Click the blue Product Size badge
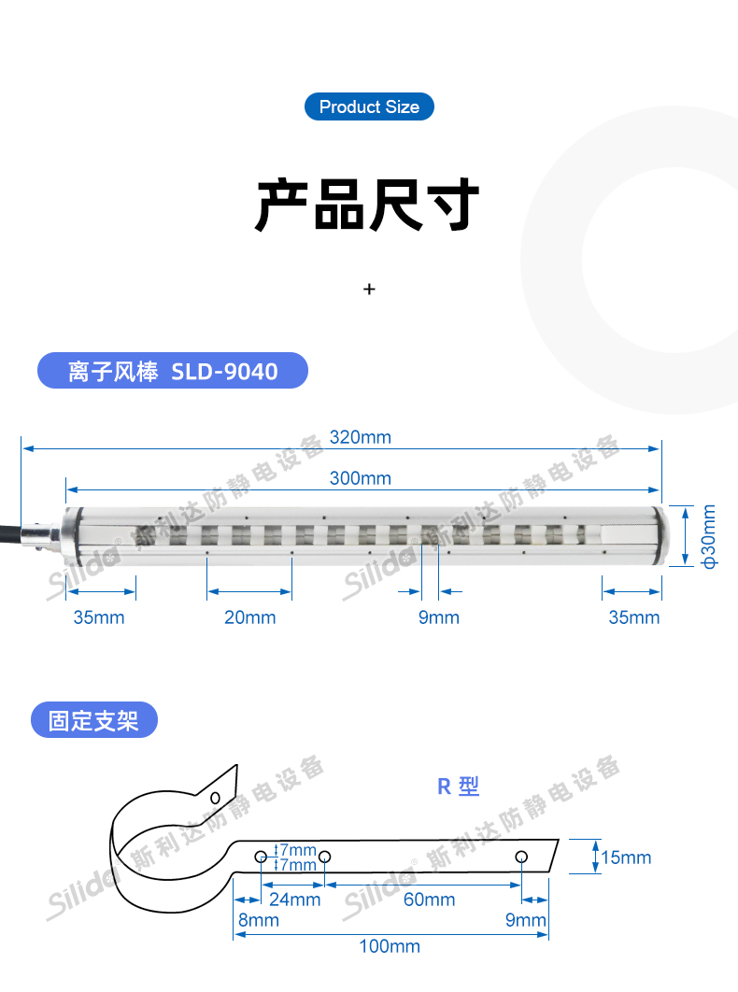point(369,106)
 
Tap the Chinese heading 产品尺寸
point(368,205)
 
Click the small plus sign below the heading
point(369,290)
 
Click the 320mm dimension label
point(360,437)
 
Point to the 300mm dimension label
point(360,478)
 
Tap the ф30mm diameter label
point(709,537)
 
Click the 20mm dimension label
point(249,617)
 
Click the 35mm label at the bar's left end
point(98,617)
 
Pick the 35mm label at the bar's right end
point(633,617)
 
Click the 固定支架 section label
point(93,721)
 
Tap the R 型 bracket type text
point(458,787)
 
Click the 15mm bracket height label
point(626,857)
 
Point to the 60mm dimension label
point(429,900)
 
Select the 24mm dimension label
point(294,900)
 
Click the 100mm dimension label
point(390,946)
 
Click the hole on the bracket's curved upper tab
point(215,798)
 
